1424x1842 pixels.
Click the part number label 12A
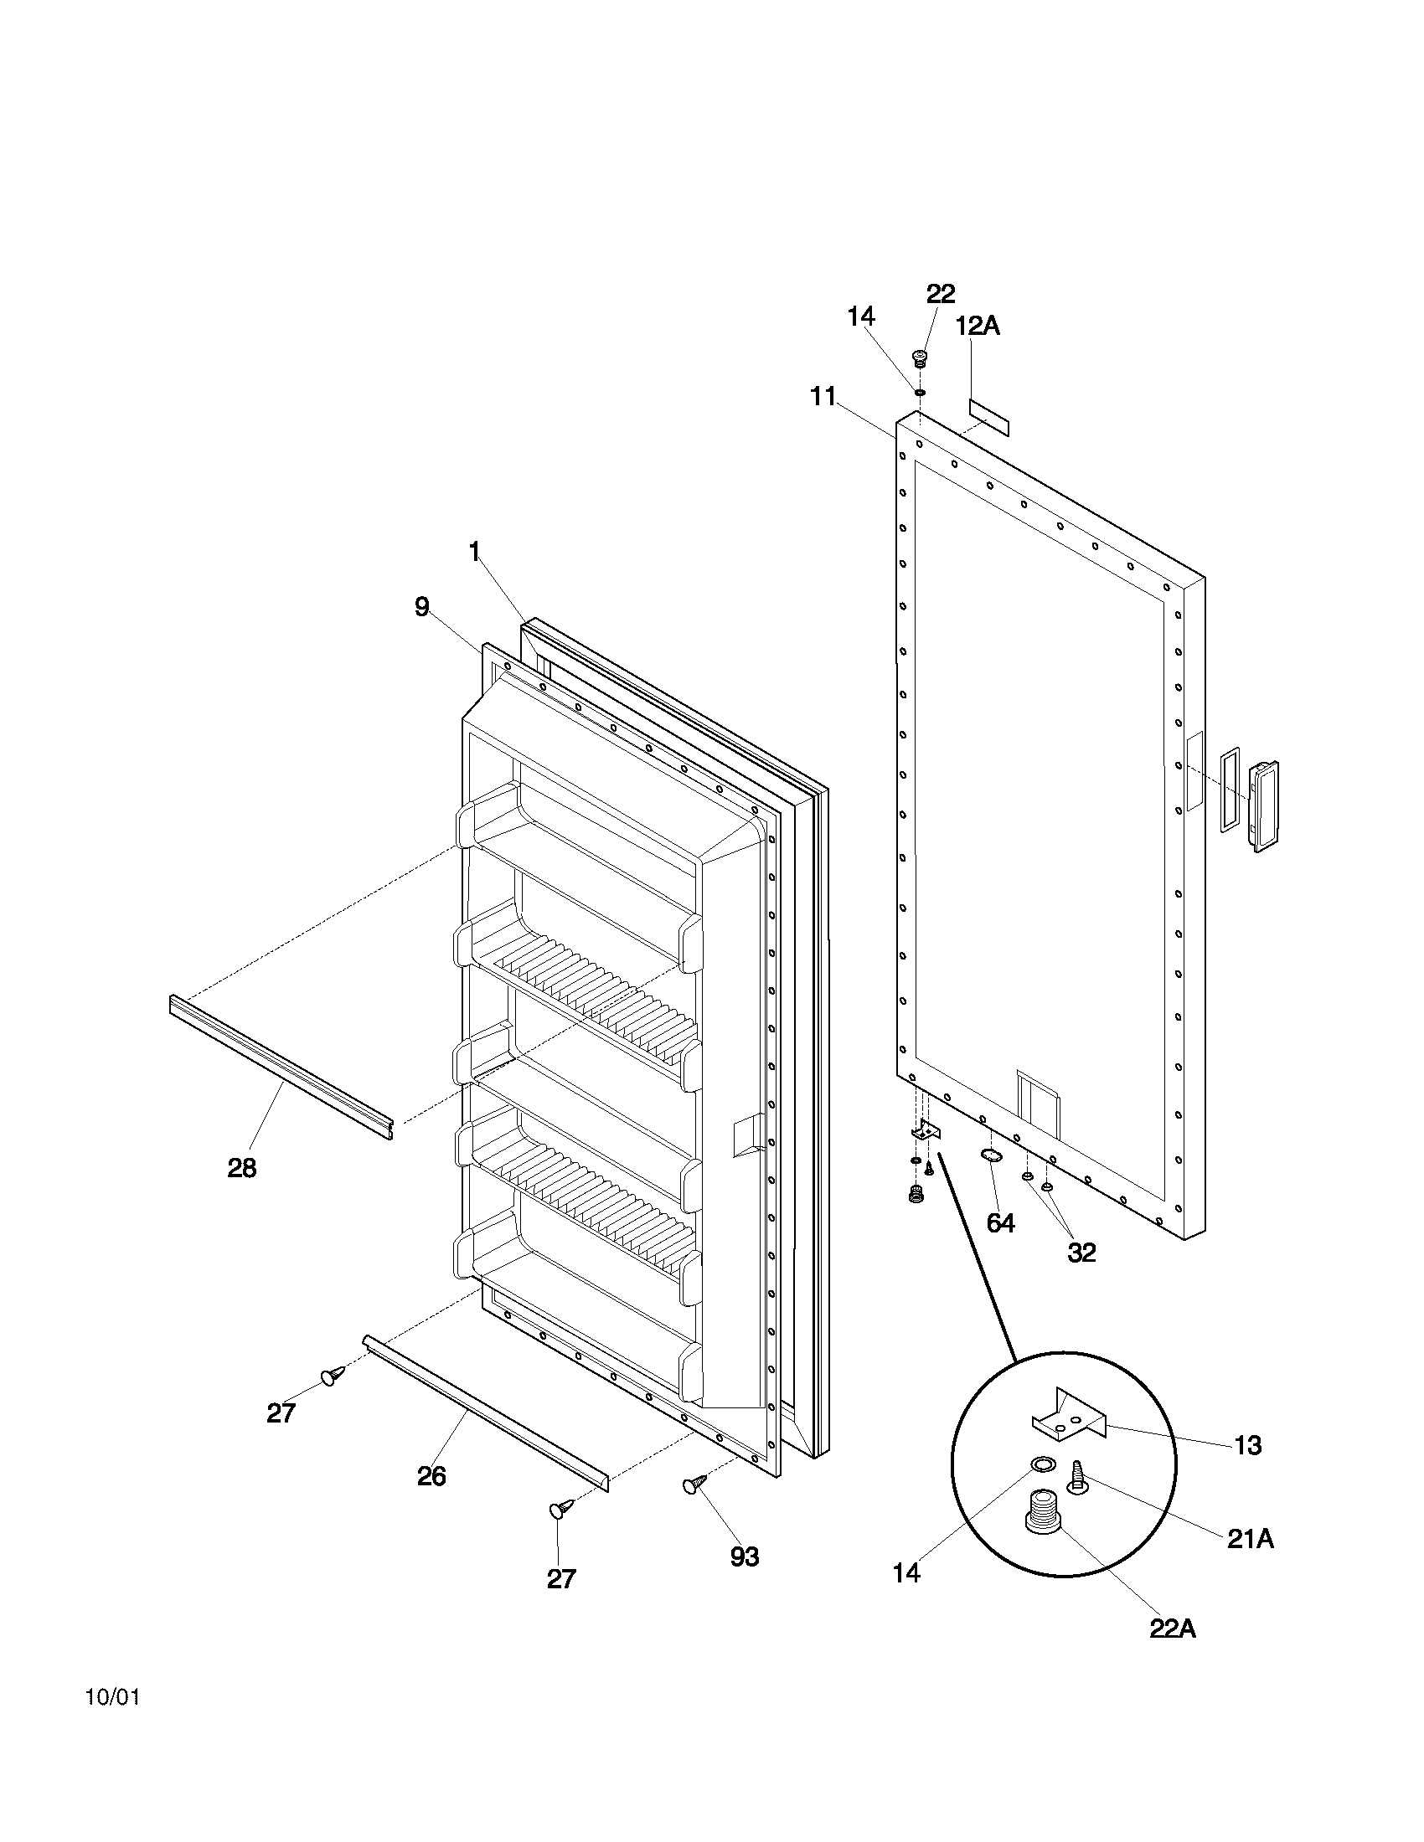click(978, 327)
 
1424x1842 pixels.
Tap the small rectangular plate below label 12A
click(988, 418)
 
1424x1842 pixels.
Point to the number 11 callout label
click(823, 395)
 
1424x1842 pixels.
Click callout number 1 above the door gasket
click(474, 552)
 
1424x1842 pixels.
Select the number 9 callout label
click(422, 606)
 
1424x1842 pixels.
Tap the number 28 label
click(242, 1168)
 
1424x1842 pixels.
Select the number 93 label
click(744, 1557)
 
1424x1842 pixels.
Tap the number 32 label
click(1081, 1252)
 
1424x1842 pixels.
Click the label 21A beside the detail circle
click(1250, 1539)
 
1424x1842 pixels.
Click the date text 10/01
click(112, 1697)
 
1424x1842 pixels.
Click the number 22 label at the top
click(940, 294)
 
